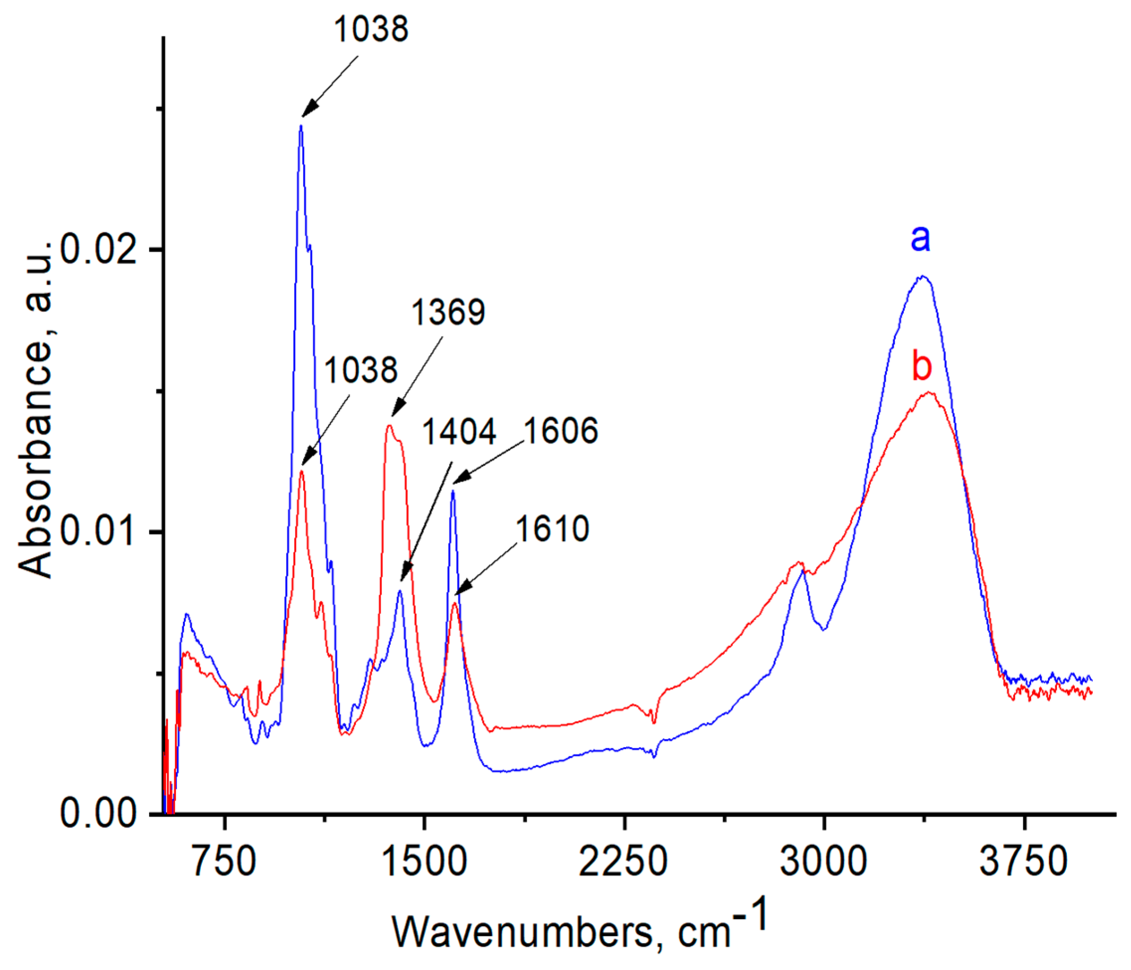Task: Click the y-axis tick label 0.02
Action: coord(98,250)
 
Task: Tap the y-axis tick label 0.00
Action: coord(98,813)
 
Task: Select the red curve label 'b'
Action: coord(921,366)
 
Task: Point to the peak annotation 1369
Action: coord(448,313)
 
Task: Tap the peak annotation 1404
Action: coord(459,432)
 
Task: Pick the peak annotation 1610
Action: coord(553,529)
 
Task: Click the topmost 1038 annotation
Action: coord(371,29)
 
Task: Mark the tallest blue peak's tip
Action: coord(301,126)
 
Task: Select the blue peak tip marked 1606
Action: coord(453,491)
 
